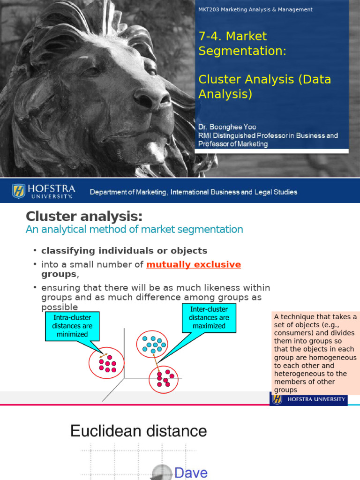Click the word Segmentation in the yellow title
pos(242,51)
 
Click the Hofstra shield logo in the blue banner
pos(19,191)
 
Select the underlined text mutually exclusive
pos(194,264)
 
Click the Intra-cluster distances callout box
pos(72,326)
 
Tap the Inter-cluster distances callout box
pos(209,317)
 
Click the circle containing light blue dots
pos(152,344)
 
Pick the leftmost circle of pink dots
pos(106,363)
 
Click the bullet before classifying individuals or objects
pos(35,251)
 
